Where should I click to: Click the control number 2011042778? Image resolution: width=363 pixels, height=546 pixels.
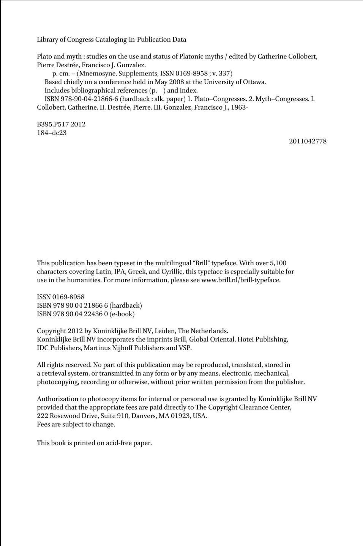tap(308, 141)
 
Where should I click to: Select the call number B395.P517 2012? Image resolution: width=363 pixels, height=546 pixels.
tap(61, 124)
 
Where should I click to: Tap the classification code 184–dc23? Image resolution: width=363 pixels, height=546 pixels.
tap(52, 133)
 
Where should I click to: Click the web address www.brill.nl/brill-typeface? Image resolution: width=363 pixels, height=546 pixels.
tap(241, 280)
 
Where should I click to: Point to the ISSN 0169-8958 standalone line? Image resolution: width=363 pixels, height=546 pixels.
tap(61, 297)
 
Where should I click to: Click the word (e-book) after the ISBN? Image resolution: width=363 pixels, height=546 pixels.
tap(122, 314)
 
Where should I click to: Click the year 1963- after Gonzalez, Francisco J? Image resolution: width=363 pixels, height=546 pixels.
tap(239, 107)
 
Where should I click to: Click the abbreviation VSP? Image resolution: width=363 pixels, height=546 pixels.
tap(184, 348)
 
